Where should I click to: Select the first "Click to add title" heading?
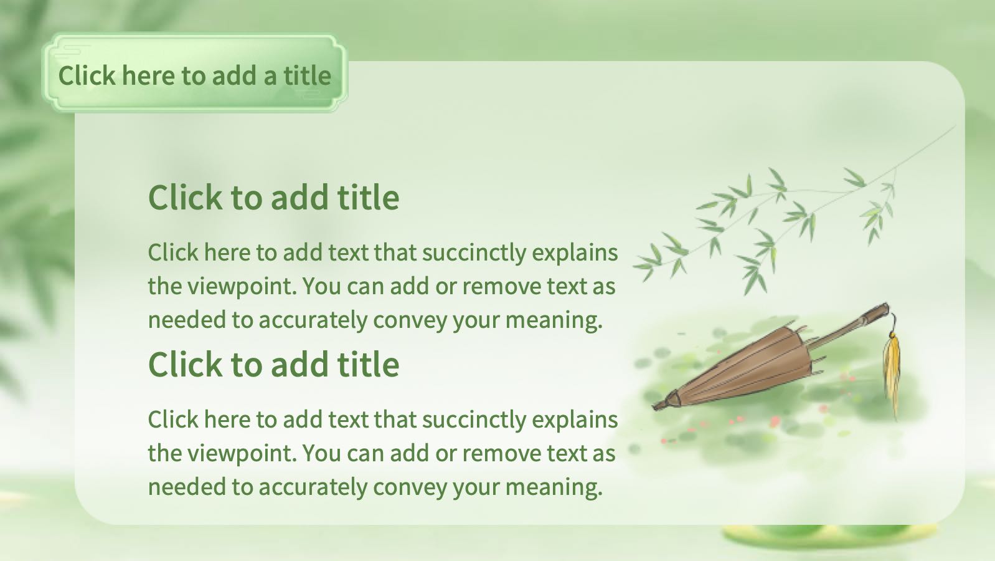click(x=273, y=197)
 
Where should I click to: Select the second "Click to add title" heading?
click(x=273, y=364)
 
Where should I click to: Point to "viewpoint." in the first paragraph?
click(x=242, y=287)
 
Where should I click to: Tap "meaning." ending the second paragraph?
click(x=554, y=487)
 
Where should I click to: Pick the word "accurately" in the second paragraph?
click(x=313, y=487)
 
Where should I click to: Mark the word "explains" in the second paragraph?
click(x=575, y=421)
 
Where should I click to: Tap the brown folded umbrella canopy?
click(x=737, y=369)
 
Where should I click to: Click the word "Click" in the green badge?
click(x=87, y=75)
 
